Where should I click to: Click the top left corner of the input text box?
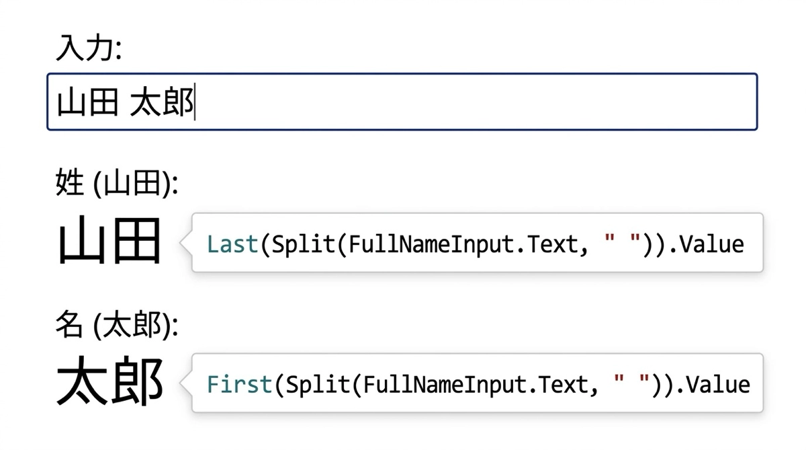pos(48,74)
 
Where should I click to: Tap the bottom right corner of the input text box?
pos(757,129)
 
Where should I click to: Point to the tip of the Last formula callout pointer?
pos(180,242)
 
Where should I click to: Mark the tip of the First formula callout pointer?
pos(180,383)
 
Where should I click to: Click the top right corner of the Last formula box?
pos(763,214)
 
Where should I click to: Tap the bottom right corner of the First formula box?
pos(763,412)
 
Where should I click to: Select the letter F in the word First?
pos(213,384)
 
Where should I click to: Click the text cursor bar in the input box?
pos(195,102)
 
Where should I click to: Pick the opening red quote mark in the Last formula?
pos(609,239)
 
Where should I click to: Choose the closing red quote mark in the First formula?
pos(644,379)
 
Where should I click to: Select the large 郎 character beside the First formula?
pos(137,381)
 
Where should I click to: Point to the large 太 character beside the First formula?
pos(83,381)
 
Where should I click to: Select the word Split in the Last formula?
pos(303,245)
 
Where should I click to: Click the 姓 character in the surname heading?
pos(70,182)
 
